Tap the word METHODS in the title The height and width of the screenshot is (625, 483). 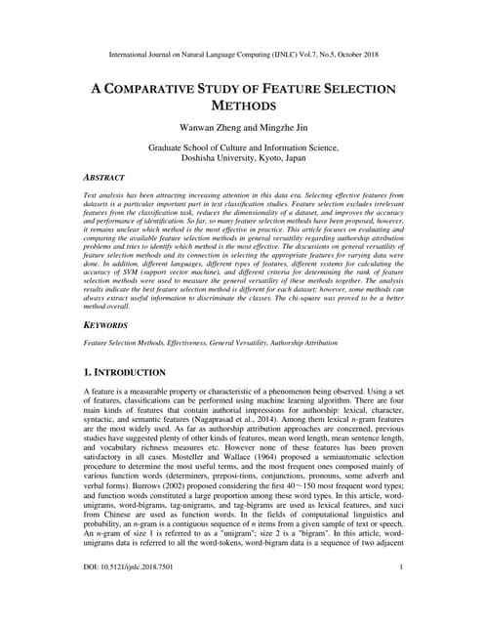(241, 105)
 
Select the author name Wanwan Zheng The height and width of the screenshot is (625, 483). (206, 128)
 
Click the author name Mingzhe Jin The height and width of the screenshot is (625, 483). (281, 128)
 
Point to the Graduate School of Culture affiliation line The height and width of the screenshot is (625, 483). (241, 147)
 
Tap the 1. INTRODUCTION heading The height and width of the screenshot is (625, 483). (139, 372)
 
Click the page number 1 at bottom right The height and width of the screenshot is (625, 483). (401, 594)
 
